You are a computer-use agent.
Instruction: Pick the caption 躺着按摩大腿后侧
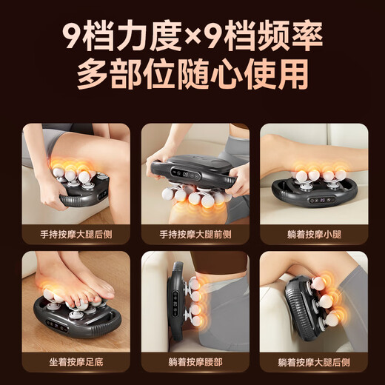[313, 363]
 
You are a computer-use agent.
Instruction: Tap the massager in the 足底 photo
[74, 319]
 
